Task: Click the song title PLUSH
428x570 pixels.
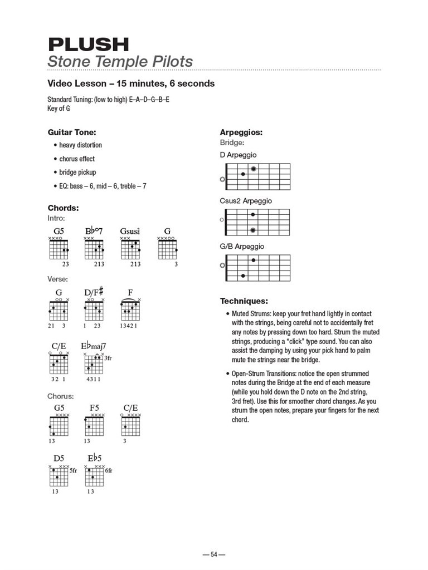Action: click(88, 44)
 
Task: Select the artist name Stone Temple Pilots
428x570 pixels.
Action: click(120, 61)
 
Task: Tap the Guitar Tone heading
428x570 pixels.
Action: click(72, 132)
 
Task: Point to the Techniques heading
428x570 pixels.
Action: click(244, 301)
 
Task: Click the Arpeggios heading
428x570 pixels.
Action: click(241, 132)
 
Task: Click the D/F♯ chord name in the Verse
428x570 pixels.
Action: click(94, 292)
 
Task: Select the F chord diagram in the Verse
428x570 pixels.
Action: click(130, 311)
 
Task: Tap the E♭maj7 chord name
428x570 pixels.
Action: click(93, 346)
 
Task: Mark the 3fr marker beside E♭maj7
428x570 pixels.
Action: click(108, 358)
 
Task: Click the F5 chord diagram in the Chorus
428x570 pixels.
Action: click(94, 426)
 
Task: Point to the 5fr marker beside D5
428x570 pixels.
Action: click(73, 470)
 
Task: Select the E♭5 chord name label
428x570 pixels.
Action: click(94, 458)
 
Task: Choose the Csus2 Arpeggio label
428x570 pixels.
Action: click(246, 201)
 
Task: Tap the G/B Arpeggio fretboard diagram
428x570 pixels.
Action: click(256, 268)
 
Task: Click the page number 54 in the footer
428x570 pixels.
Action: click(213, 554)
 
